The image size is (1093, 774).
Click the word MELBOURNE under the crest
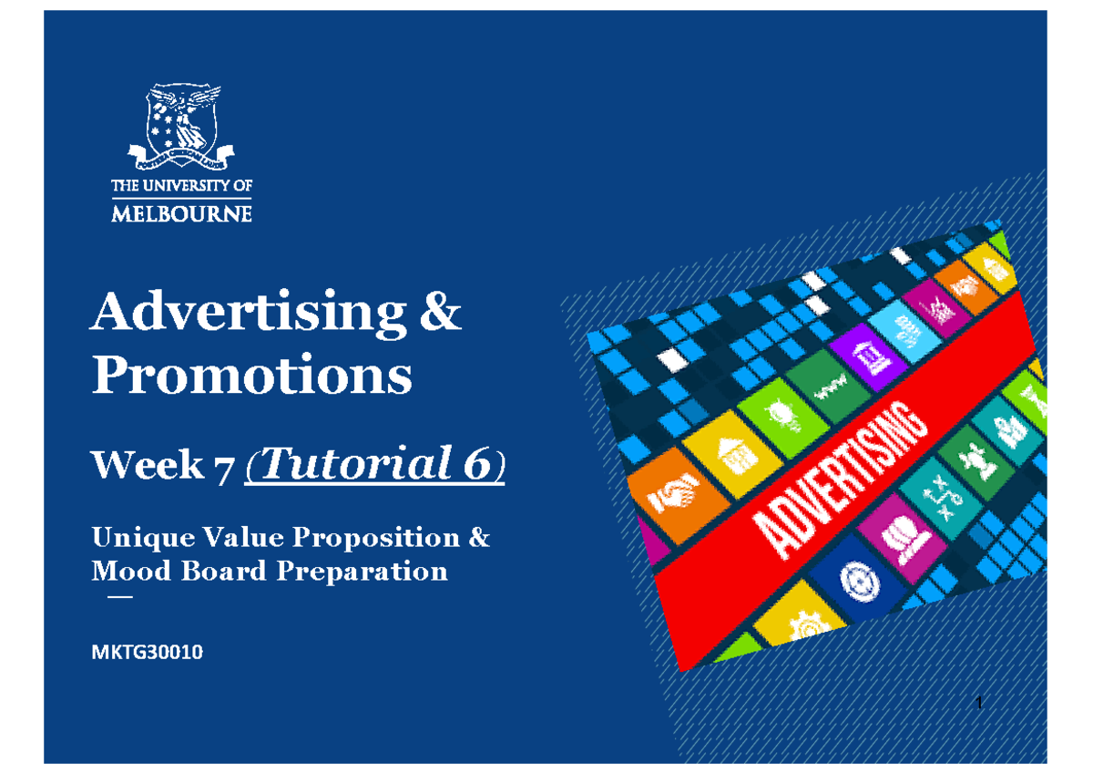tap(181, 215)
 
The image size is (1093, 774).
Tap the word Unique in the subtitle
tap(132, 538)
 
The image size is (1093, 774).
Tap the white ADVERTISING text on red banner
tap(833, 483)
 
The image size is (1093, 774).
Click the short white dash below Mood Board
tap(118, 598)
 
